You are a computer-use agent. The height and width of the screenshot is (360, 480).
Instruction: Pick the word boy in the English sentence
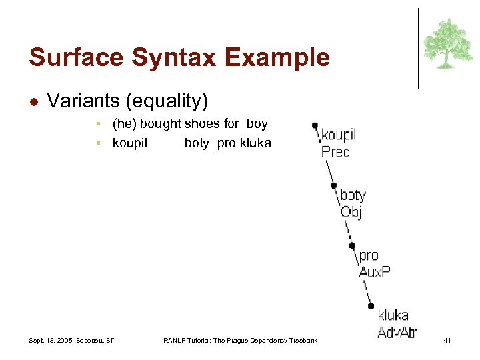pos(257,124)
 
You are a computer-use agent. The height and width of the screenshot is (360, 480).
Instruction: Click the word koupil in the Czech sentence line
pos(130,143)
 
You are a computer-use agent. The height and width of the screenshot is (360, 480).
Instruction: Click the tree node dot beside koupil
pos(315,125)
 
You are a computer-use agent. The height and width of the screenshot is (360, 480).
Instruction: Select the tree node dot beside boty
pos(334,186)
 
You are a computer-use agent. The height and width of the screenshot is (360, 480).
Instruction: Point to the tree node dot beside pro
pos(353,246)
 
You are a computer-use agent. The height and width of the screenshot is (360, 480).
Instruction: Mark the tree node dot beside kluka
pos(371,306)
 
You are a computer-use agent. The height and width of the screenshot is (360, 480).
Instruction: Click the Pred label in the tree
pos(336,152)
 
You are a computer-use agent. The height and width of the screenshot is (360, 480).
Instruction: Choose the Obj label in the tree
pos(351,213)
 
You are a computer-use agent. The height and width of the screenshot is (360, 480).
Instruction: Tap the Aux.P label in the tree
pos(375,272)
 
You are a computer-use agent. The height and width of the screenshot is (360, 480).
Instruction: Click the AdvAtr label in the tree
pos(397,332)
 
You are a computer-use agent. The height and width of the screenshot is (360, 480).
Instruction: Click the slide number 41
pos(447,341)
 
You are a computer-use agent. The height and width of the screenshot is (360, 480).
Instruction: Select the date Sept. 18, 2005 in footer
pos(52,341)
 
